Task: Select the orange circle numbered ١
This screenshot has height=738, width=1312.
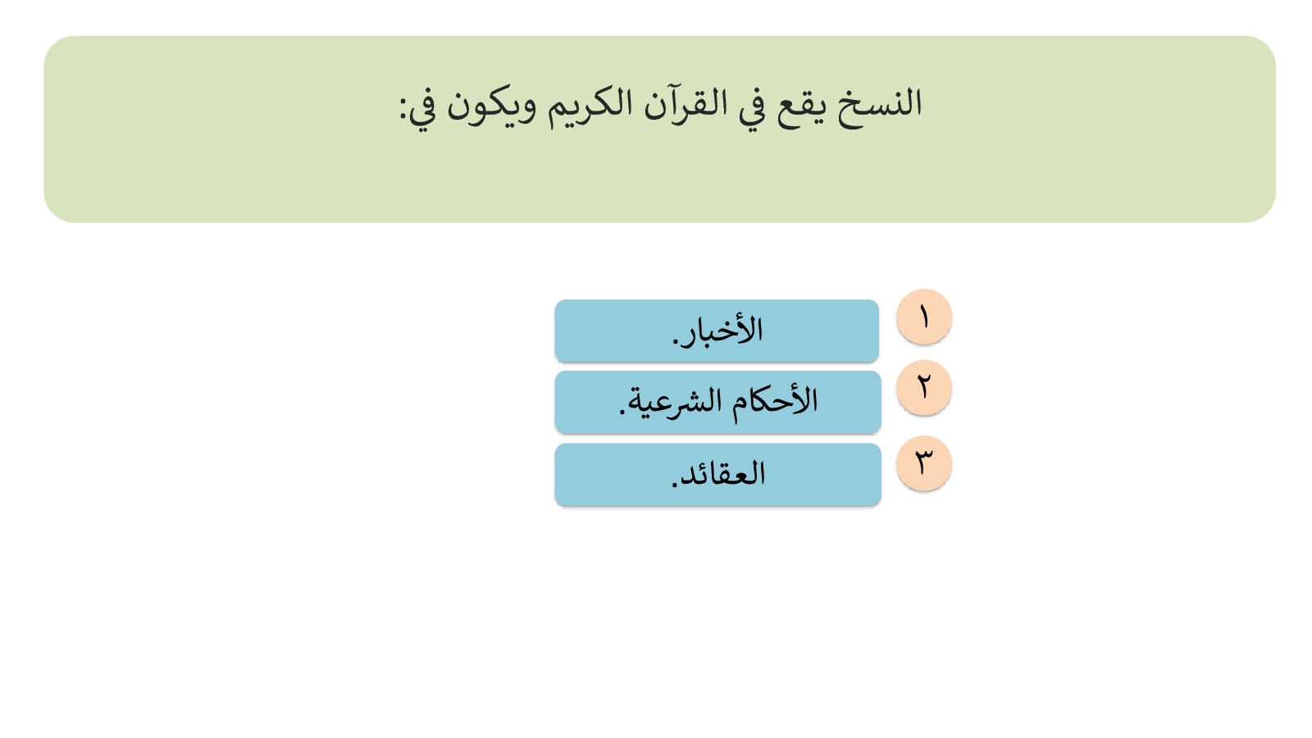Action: coord(923,317)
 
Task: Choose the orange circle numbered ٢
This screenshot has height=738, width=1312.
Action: coord(923,388)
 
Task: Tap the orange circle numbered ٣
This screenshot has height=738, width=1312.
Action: coord(923,462)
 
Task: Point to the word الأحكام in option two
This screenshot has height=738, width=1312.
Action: coord(775,401)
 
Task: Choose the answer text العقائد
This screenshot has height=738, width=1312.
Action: coord(722,473)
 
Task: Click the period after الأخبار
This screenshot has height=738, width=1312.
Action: coord(676,342)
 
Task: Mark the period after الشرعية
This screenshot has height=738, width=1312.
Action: coord(622,413)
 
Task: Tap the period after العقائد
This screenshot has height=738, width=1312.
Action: coord(674,484)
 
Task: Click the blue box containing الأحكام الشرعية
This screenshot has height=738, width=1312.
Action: coord(717,402)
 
